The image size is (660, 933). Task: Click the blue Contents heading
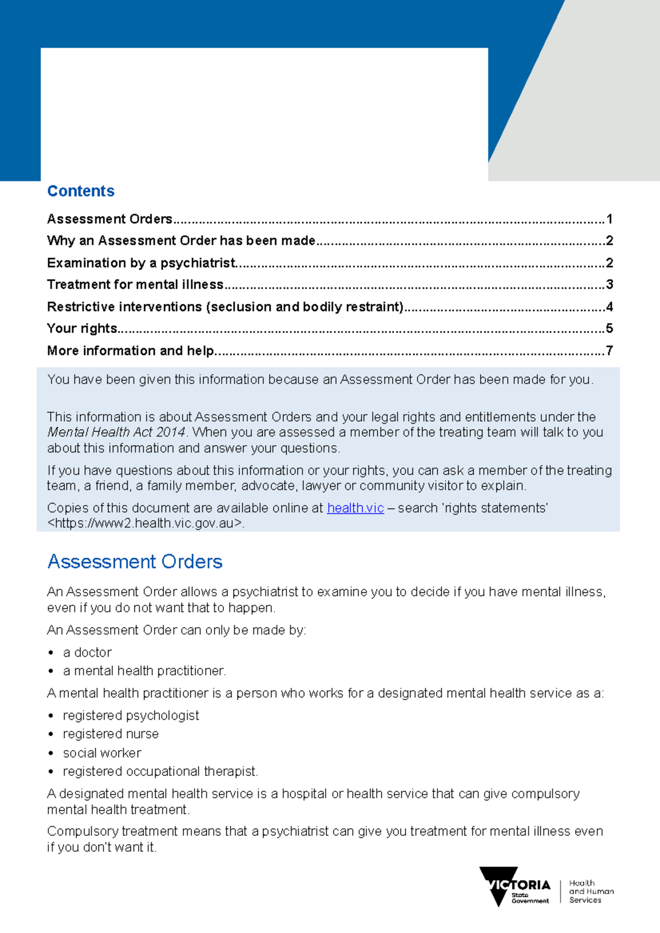[81, 191]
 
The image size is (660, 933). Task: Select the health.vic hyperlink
[355, 508]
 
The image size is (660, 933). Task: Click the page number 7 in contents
[609, 351]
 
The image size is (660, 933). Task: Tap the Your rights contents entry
[82, 329]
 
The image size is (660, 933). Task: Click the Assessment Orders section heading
[135, 562]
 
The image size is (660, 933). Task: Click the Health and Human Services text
[591, 891]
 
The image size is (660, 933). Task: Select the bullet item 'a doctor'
[87, 653]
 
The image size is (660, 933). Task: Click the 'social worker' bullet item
[102, 753]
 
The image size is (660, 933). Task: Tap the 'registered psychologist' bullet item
[131, 716]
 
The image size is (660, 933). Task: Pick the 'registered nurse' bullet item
[111, 734]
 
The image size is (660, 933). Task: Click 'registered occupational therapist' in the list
[160, 772]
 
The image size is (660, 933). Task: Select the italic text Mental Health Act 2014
[117, 432]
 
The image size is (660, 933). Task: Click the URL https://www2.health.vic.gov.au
[145, 524]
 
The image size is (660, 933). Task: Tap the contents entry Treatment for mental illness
[135, 285]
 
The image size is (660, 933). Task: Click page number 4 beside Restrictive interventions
[609, 307]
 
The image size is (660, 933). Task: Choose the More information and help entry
[131, 351]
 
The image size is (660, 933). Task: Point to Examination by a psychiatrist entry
[141, 263]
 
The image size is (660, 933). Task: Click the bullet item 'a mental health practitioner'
[144, 671]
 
